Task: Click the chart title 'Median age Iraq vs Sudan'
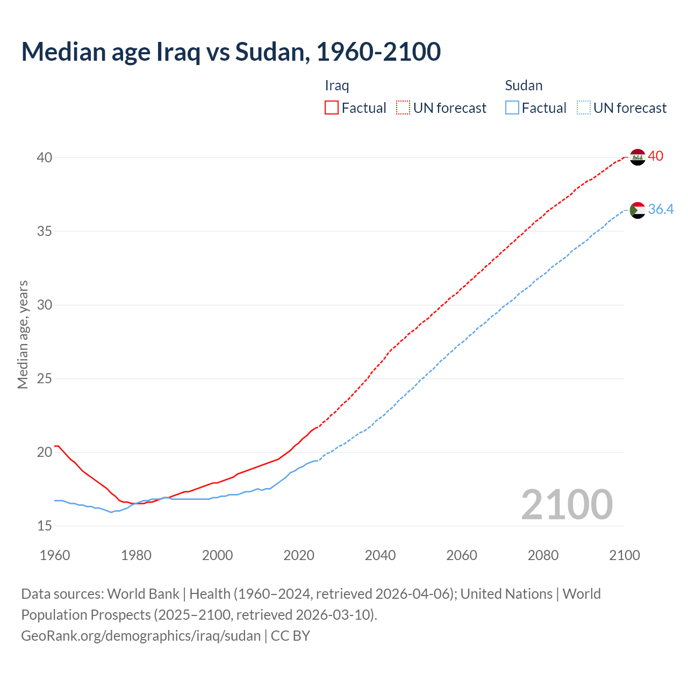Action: (x=231, y=52)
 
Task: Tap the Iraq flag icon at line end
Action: (x=637, y=157)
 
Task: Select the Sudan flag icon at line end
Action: (x=637, y=210)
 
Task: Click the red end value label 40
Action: (x=656, y=156)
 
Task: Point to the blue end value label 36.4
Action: (x=661, y=210)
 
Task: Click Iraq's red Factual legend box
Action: (x=332, y=108)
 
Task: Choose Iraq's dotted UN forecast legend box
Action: (x=403, y=108)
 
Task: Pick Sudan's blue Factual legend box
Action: (x=512, y=108)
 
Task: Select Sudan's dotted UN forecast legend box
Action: (x=584, y=108)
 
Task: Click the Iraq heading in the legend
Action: (x=337, y=85)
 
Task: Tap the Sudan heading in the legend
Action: (x=524, y=85)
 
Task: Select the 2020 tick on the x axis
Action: (x=299, y=555)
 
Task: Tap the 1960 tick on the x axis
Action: (x=55, y=555)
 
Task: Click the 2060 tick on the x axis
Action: (x=462, y=555)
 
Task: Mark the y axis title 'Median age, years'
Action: (x=23, y=334)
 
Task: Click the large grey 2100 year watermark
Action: (x=567, y=505)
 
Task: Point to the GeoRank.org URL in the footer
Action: (x=141, y=636)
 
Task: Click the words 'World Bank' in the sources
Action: (x=143, y=594)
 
